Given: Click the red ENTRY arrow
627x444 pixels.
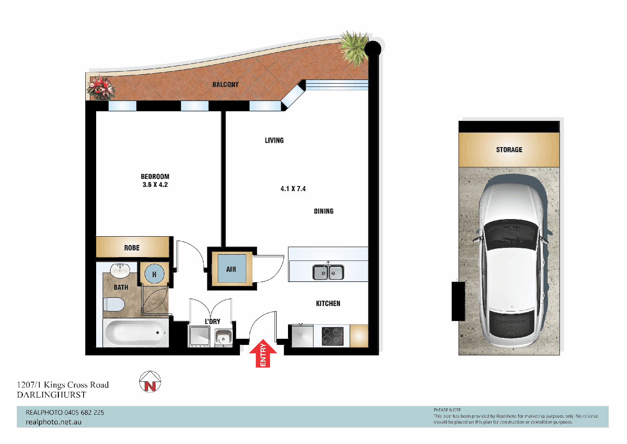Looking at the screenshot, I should (x=263, y=353).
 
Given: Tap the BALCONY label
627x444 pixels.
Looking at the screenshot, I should (x=225, y=84).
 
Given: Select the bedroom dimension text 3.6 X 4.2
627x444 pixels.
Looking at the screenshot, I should (x=155, y=185).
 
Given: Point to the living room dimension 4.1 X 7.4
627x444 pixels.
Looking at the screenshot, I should (x=293, y=189).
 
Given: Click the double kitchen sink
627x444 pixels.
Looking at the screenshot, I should (x=328, y=272).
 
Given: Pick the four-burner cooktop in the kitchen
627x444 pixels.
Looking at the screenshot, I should (x=332, y=336).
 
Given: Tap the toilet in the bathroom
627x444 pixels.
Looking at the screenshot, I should (x=114, y=304).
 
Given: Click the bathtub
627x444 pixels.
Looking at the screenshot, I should (x=135, y=333).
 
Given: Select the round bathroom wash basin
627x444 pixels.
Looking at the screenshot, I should (x=120, y=270).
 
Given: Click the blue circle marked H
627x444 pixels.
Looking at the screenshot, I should (x=154, y=274).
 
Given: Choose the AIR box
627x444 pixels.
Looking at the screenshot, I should (x=231, y=269).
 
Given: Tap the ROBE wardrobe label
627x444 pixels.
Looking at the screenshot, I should (x=132, y=248).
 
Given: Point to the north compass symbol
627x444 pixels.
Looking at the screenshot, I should (x=150, y=382).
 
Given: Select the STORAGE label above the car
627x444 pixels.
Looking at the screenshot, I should (x=509, y=150).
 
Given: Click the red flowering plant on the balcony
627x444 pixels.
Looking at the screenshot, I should (x=100, y=87).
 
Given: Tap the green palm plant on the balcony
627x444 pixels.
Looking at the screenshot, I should (x=354, y=48).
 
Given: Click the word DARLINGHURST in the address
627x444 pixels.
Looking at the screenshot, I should (x=51, y=395).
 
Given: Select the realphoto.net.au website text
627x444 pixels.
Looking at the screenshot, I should (x=54, y=422).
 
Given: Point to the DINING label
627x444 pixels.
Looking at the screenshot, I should (x=324, y=212).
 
